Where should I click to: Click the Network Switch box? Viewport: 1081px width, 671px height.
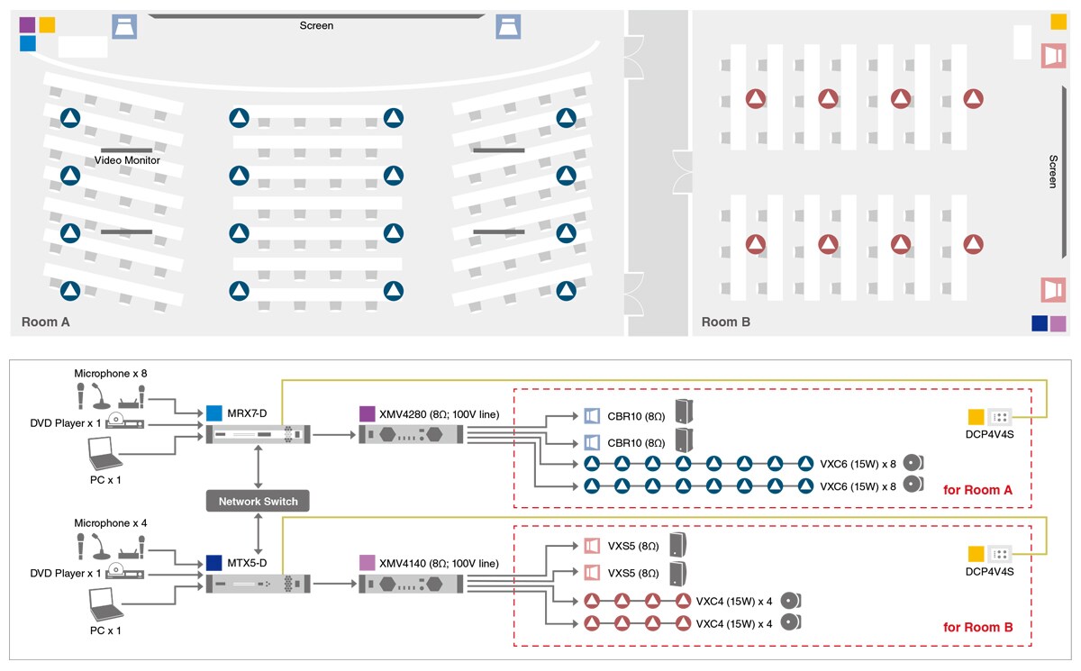click(x=259, y=501)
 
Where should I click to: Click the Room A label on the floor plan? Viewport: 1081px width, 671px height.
click(x=45, y=322)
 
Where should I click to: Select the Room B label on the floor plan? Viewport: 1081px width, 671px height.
click(x=726, y=322)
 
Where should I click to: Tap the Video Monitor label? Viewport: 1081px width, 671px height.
click(x=127, y=160)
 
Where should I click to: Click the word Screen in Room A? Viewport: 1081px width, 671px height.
click(x=316, y=26)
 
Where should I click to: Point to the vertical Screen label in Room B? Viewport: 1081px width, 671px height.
click(x=1053, y=171)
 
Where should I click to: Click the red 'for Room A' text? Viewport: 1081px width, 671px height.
click(x=977, y=491)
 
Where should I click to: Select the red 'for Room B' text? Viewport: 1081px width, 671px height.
click(x=977, y=627)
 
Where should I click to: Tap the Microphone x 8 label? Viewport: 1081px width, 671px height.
click(x=110, y=372)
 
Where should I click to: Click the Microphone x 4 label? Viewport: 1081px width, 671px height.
click(x=110, y=523)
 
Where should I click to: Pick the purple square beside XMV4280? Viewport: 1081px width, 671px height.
click(x=367, y=413)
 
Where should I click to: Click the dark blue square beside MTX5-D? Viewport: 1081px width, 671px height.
click(x=214, y=563)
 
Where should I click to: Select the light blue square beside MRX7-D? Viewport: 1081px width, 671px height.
click(x=214, y=413)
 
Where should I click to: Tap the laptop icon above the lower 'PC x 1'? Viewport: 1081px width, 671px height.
click(x=105, y=605)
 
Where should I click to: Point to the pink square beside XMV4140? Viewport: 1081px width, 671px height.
click(x=367, y=563)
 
